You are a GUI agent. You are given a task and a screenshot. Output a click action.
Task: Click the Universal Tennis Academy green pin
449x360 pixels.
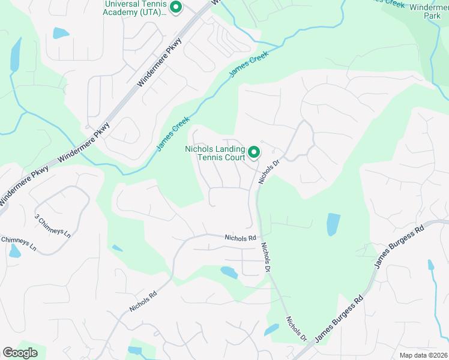[176, 8]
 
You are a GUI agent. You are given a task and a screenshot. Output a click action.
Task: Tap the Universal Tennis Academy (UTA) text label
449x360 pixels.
[135, 8]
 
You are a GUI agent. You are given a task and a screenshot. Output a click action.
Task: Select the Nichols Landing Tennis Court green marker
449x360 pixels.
[254, 152]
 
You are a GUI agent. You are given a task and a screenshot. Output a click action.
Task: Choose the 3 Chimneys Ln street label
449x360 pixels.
[53, 225]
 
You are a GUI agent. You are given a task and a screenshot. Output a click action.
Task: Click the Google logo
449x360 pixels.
[20, 353]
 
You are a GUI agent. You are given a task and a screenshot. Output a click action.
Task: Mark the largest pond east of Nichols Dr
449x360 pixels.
[333, 224]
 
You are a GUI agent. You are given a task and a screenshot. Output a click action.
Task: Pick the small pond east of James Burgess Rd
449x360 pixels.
[430, 265]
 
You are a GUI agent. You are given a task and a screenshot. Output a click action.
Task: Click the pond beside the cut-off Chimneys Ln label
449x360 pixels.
[14, 251]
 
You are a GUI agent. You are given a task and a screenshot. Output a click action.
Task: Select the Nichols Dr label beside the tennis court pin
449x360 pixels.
[270, 171]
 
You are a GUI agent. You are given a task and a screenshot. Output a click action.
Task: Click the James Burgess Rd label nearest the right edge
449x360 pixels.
[399, 247]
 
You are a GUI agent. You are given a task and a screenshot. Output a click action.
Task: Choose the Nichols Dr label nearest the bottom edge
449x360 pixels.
[296, 329]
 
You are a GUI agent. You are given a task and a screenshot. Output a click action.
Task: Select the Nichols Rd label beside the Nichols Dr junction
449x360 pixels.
[240, 238]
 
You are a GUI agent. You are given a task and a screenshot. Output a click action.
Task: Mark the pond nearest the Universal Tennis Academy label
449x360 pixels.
[61, 33]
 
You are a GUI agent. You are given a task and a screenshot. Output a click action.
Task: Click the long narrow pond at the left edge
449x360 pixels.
[15, 54]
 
